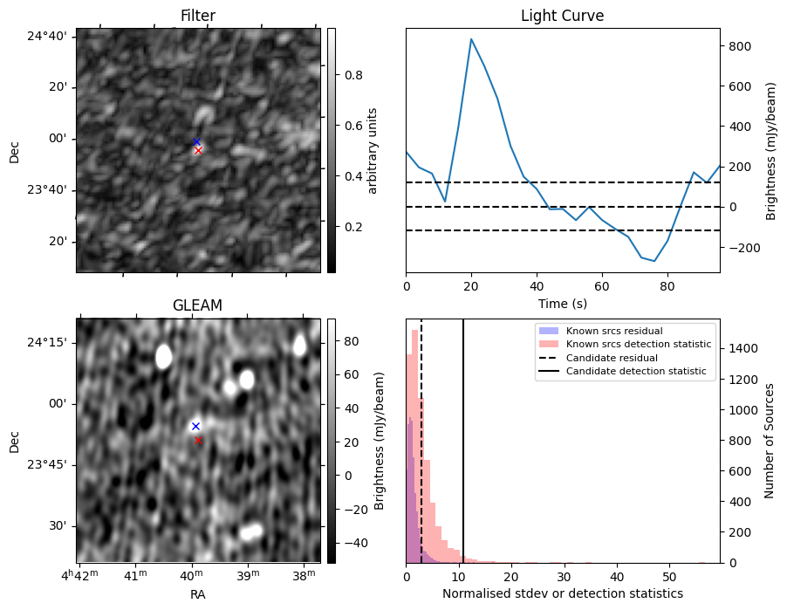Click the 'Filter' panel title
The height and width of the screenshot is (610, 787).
(x=198, y=16)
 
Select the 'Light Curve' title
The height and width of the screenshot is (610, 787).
(x=562, y=16)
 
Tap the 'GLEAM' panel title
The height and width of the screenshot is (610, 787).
(x=197, y=305)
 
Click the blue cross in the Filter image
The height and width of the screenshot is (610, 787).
(x=196, y=141)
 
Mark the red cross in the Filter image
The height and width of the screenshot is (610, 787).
(x=198, y=150)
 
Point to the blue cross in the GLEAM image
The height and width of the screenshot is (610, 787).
(x=195, y=426)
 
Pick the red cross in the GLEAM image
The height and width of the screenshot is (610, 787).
(x=198, y=440)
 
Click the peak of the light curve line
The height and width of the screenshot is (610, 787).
(x=471, y=39)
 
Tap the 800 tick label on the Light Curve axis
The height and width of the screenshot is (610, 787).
(x=742, y=46)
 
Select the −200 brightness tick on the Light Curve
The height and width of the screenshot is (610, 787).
(x=744, y=248)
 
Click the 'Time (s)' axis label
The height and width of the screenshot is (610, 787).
(x=562, y=302)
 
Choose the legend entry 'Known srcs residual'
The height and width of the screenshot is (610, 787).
(x=613, y=332)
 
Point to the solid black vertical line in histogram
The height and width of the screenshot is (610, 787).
(x=463, y=454)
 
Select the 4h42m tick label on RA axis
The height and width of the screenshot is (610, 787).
(x=79, y=576)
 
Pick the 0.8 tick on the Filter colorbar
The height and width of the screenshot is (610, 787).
(x=354, y=75)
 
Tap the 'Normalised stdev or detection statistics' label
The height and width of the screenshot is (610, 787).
(x=562, y=593)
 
